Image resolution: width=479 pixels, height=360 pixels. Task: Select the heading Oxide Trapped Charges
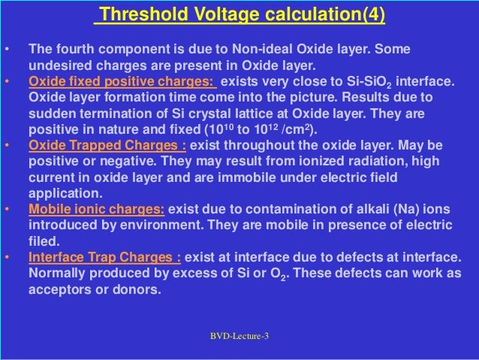point(107,144)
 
